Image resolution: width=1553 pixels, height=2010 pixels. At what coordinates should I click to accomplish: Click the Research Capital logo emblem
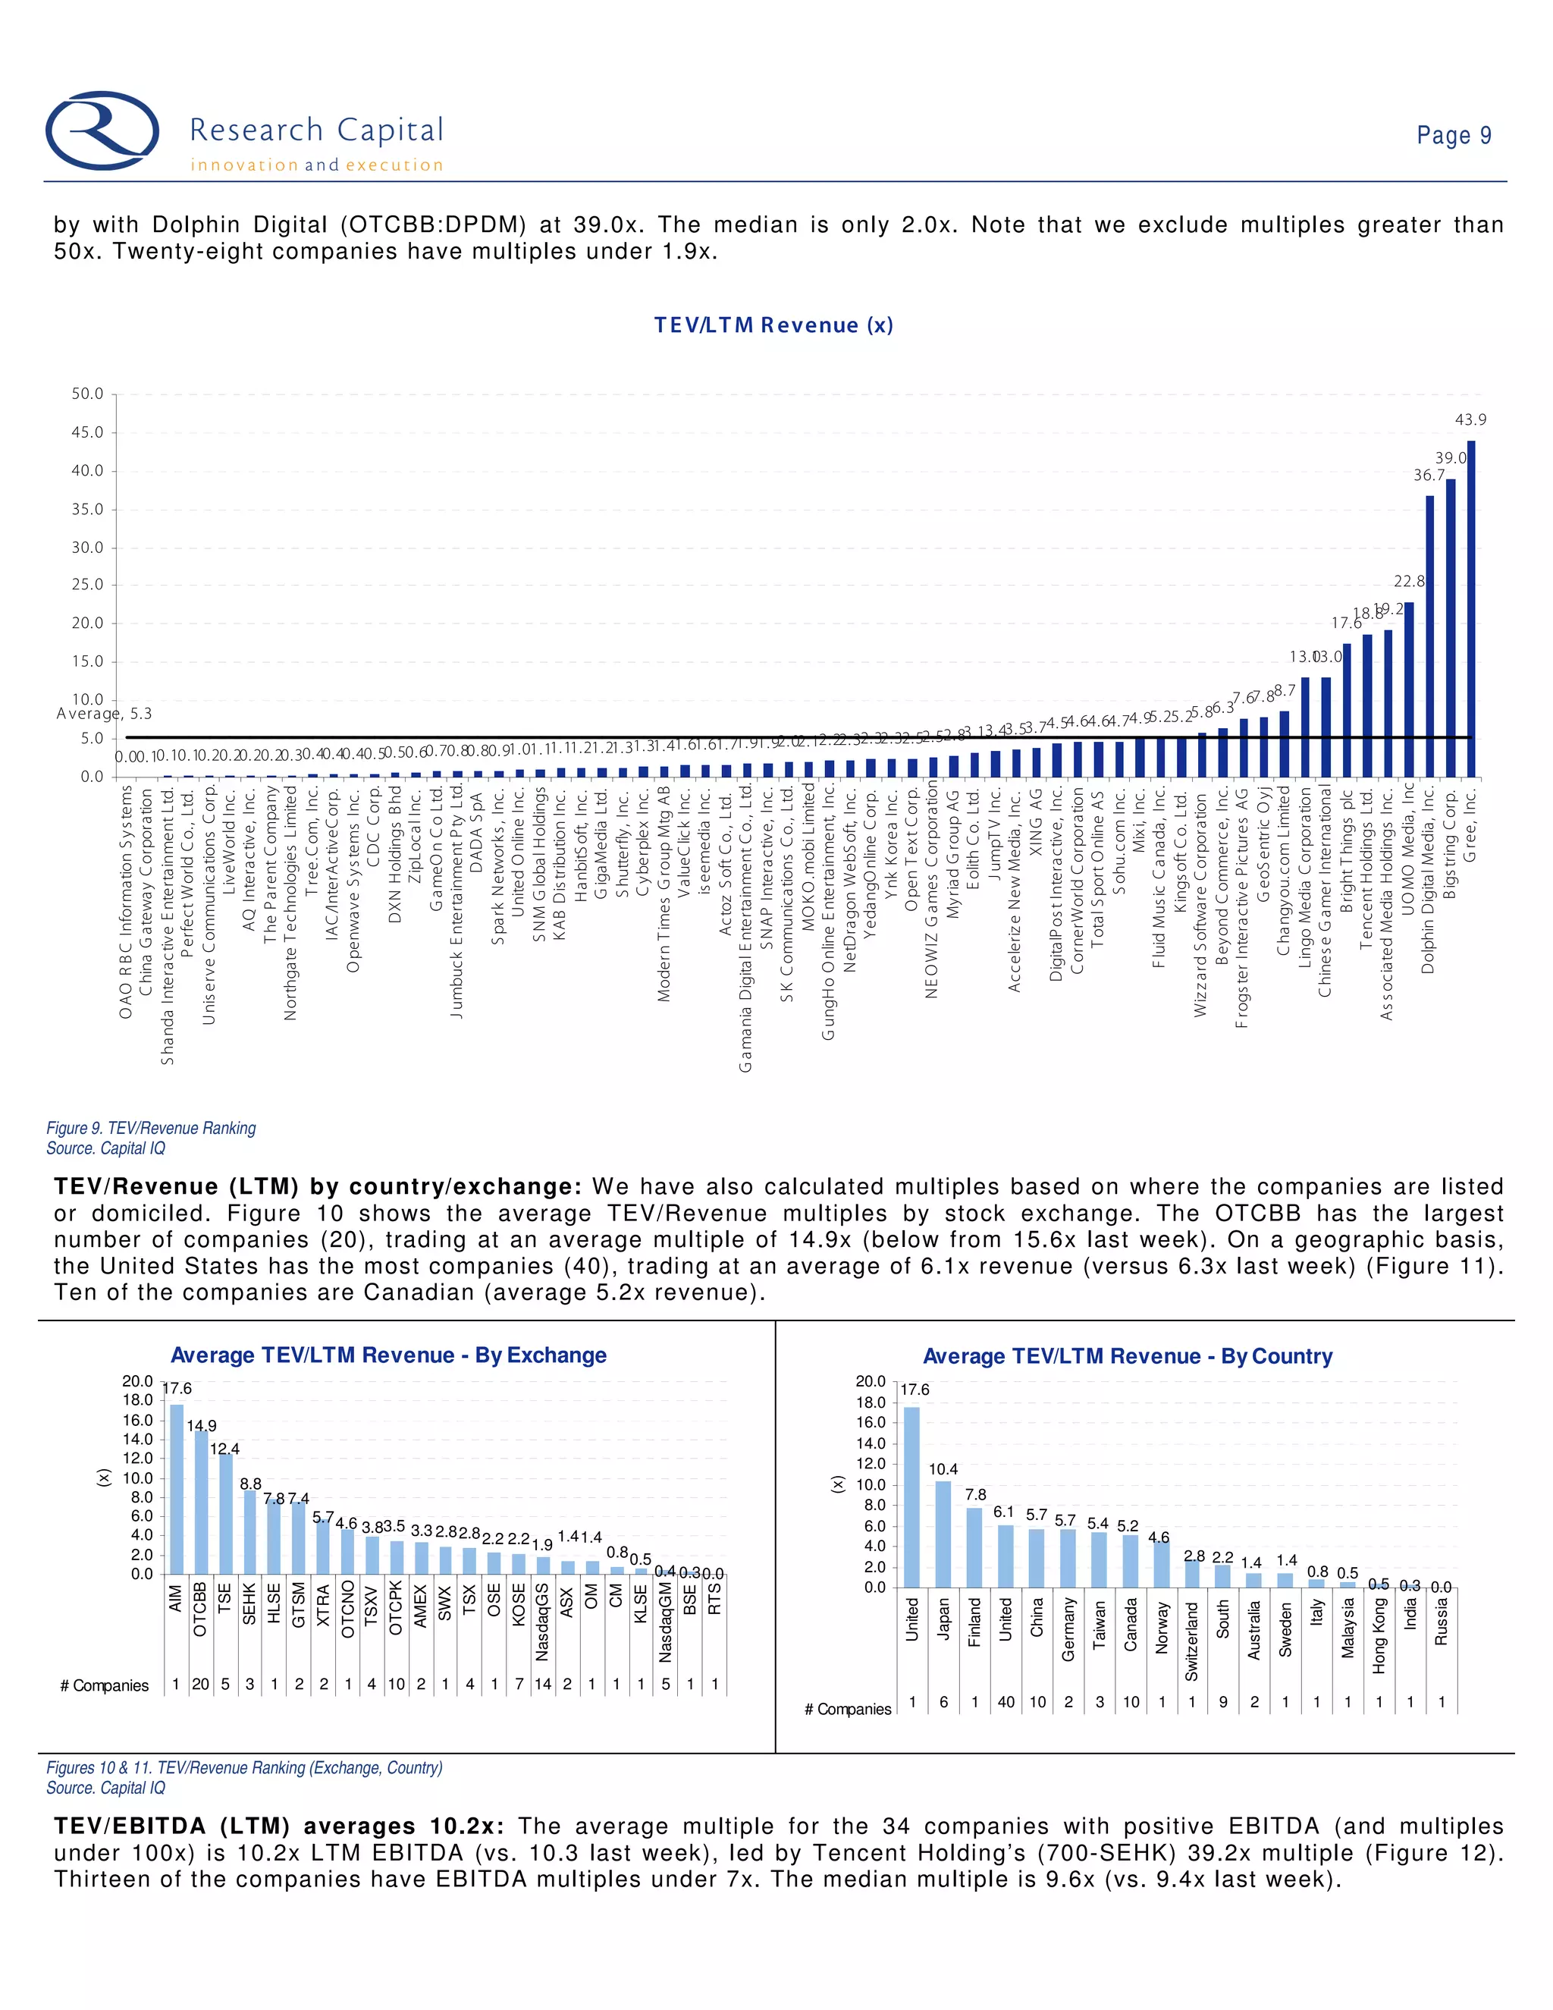tap(102, 130)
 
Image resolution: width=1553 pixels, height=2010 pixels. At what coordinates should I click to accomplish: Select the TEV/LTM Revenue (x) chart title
tap(773, 325)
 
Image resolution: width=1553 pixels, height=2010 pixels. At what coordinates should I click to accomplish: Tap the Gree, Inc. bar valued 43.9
tap(1470, 608)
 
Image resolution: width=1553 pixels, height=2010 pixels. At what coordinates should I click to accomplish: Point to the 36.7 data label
tap(1428, 475)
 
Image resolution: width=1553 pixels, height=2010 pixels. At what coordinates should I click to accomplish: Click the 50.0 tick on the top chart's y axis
tap(87, 394)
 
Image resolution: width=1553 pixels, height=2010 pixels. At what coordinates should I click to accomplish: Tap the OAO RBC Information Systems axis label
tap(126, 901)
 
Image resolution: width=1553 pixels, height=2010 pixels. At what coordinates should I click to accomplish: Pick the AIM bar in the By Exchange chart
tap(177, 1488)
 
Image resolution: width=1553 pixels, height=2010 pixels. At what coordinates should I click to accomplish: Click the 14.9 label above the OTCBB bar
tap(202, 1426)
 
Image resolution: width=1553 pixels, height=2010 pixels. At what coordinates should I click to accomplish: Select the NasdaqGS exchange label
tap(542, 1622)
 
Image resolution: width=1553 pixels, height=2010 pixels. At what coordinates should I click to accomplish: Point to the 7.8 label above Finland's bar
tap(975, 1495)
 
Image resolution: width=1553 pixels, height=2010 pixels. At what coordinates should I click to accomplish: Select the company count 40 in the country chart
tap(1006, 1702)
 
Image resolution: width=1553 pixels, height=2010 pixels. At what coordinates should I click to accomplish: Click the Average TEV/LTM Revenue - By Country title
tap(1127, 1357)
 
